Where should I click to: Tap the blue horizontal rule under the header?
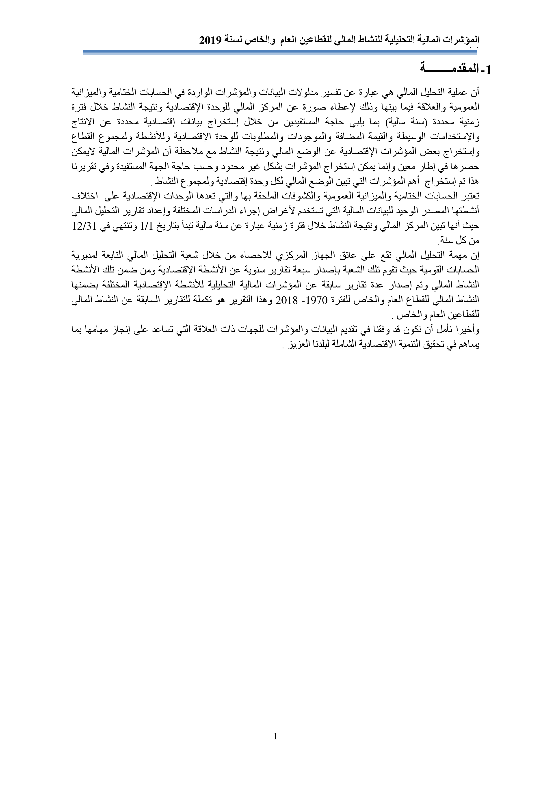pos(280,52)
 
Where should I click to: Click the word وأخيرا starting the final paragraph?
pos(466,329)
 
